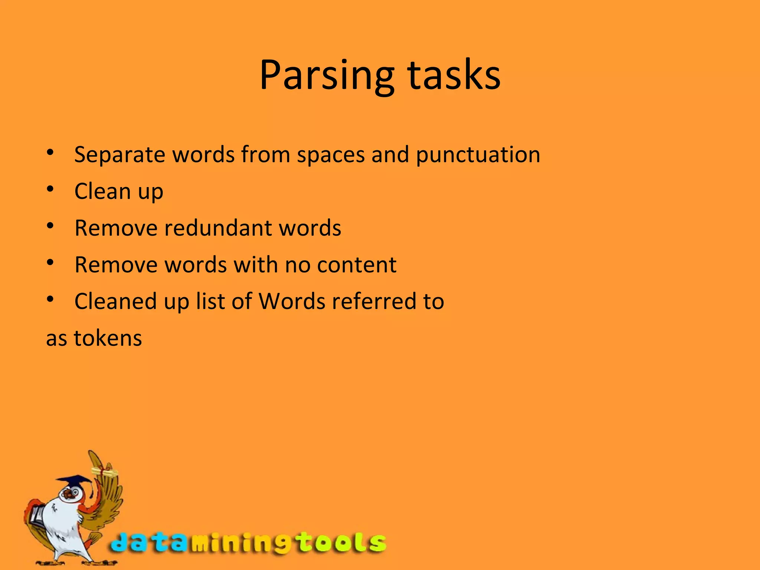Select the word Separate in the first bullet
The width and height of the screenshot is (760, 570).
coord(119,155)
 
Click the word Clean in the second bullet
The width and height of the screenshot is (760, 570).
coord(103,191)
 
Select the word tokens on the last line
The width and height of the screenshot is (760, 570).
coord(108,338)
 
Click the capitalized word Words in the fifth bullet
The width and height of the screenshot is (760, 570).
coord(292,301)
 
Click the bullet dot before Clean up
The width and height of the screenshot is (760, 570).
coord(50,189)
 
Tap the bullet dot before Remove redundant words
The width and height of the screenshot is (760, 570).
coord(50,226)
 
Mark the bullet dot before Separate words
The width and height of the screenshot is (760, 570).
coord(50,153)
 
